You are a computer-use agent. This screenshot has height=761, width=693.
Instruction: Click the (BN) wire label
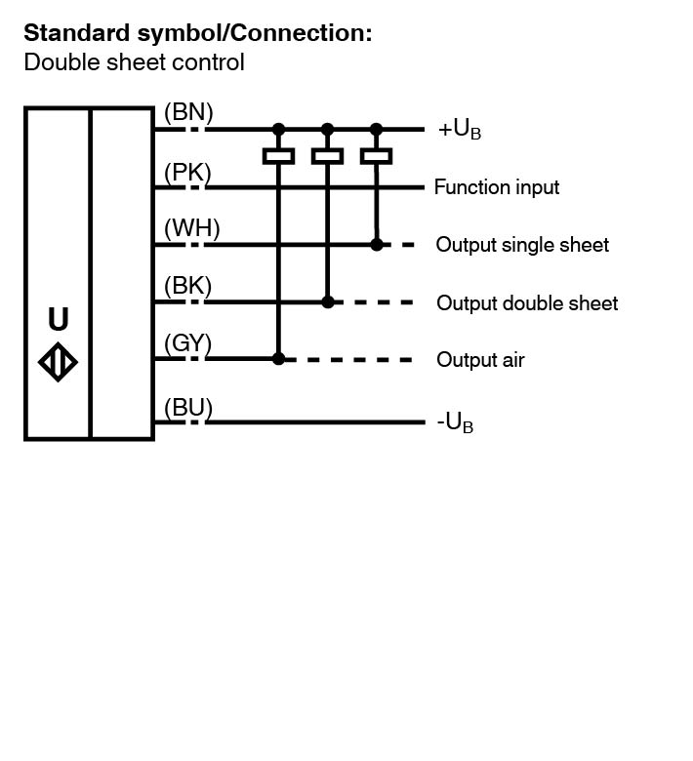click(x=188, y=111)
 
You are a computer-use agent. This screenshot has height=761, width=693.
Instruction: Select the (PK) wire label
click(x=186, y=173)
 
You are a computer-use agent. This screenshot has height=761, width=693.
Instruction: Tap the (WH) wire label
click(x=192, y=228)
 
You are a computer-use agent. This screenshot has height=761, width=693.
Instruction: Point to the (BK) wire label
click(x=188, y=286)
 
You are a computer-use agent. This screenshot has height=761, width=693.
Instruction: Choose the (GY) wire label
click(x=188, y=343)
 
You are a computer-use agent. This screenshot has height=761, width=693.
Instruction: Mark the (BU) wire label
click(x=188, y=407)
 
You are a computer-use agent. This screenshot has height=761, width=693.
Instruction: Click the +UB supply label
click(x=459, y=130)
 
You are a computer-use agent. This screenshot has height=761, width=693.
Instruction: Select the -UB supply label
click(x=455, y=423)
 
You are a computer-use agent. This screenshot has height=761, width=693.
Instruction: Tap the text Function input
click(x=497, y=187)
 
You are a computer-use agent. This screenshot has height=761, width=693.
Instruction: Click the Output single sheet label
click(x=522, y=245)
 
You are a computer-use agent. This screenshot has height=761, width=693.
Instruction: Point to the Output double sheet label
click(x=527, y=303)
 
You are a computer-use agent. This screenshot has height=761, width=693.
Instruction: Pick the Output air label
click(x=480, y=360)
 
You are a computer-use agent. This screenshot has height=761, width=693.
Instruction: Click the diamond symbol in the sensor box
click(x=59, y=363)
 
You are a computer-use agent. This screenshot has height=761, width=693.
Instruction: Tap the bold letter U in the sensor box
click(x=59, y=320)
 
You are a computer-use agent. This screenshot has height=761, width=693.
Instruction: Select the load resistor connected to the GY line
click(x=278, y=156)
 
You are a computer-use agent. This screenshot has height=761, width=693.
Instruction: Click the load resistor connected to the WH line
click(x=376, y=156)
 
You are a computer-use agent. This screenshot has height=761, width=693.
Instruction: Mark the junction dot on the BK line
click(x=328, y=302)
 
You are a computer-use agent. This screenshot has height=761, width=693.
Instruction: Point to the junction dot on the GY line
click(x=278, y=359)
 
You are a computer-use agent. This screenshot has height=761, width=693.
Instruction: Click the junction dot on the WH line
click(x=377, y=245)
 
